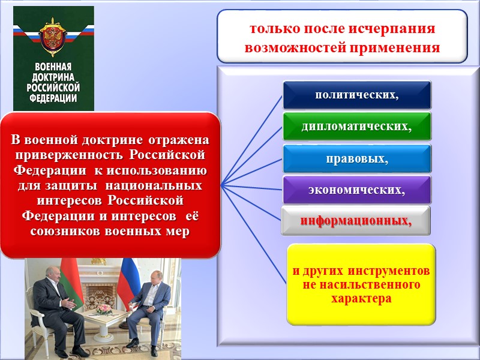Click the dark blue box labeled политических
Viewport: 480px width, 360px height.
(x=357, y=95)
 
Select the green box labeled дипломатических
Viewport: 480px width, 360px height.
(x=357, y=127)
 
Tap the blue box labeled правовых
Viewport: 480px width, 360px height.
(x=357, y=159)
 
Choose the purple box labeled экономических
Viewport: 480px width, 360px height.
(x=357, y=190)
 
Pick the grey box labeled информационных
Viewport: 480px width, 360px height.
(x=356, y=221)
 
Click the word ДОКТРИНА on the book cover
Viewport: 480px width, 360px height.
(x=54, y=76)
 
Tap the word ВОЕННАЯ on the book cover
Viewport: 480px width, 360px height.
(x=54, y=67)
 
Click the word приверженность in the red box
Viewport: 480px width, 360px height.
(x=68, y=154)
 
